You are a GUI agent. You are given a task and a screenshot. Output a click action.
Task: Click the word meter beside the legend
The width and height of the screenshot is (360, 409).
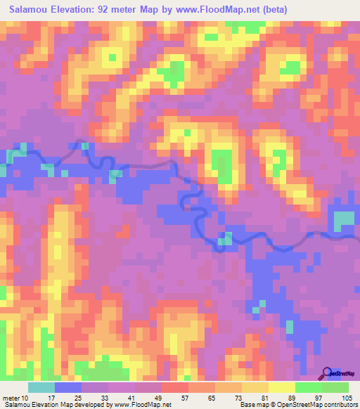pyautogui.click(x=11, y=397)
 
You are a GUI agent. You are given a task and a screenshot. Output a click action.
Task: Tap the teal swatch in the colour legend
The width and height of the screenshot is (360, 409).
pyautogui.click(x=41, y=387)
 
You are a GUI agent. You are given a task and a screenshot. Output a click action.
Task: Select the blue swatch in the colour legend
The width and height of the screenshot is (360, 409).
pyautogui.click(x=68, y=387)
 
